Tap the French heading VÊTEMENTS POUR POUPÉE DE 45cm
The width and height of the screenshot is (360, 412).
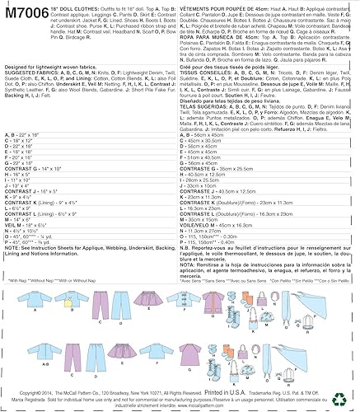(226, 7)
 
